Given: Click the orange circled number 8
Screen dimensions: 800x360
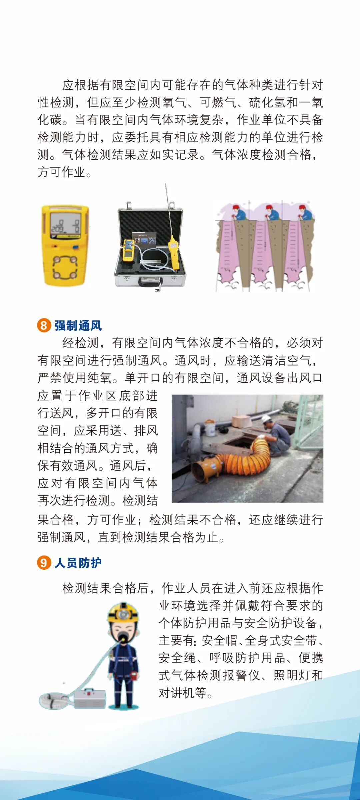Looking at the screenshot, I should coord(44,325).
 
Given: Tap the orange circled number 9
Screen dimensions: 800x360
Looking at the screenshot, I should coord(44,563).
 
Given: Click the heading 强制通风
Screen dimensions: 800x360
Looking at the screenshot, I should coord(78,325).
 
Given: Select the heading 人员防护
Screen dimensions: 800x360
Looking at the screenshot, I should coord(78,563).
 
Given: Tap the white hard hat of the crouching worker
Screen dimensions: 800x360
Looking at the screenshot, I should coord(266,419).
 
